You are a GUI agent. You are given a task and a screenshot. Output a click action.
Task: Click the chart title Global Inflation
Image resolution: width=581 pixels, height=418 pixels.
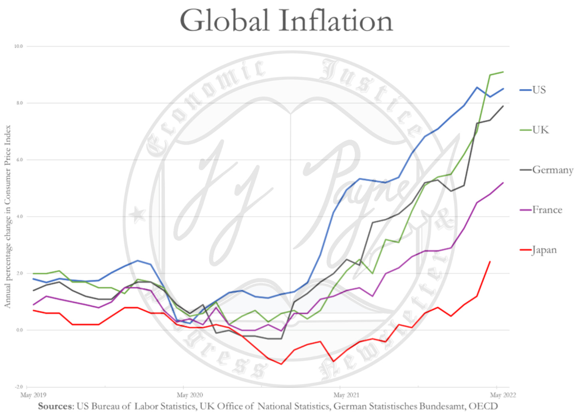click(x=286, y=20)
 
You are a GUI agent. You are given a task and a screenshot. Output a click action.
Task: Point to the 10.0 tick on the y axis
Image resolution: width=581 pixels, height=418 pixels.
click(x=19, y=46)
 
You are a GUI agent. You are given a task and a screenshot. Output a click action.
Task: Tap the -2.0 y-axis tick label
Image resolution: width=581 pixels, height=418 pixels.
click(x=19, y=387)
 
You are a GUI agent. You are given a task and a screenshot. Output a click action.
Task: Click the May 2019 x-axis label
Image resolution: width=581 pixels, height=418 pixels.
click(x=33, y=395)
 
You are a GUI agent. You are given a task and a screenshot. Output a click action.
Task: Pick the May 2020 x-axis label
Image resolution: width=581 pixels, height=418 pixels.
click(x=190, y=395)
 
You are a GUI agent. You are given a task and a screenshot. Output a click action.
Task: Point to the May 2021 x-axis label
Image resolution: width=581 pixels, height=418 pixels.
click(x=346, y=395)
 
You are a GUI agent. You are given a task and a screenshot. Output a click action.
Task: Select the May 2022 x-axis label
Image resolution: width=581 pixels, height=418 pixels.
click(x=503, y=395)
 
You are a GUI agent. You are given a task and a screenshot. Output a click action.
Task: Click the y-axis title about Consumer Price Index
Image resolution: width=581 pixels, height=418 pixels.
click(x=8, y=216)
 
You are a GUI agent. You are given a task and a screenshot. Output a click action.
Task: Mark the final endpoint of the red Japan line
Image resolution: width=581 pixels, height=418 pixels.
click(x=490, y=262)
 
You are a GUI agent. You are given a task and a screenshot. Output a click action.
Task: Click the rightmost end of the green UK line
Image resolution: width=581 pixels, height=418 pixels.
click(x=503, y=72)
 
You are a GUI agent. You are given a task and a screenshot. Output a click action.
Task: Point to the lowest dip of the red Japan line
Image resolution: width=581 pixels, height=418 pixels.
click(x=281, y=364)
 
